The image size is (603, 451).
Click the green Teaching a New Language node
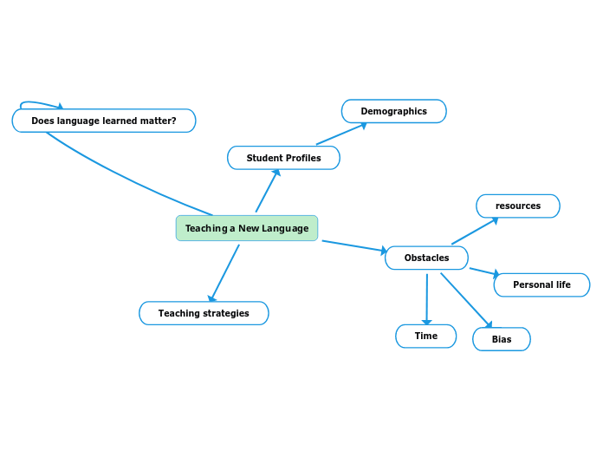point(247,228)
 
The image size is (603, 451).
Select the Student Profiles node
point(283,158)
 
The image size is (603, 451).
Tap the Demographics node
point(393,111)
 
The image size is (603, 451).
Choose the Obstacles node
point(426,258)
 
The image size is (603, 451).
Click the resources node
point(517,206)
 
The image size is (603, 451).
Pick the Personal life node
point(541,284)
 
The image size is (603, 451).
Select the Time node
point(425,336)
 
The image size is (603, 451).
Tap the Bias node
point(501,339)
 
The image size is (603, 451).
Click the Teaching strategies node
point(204,313)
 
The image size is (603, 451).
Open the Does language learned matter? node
point(104,121)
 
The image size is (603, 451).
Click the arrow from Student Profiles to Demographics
point(341,134)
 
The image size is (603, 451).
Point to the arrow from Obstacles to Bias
point(465,300)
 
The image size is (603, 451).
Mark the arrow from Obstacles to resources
point(475,231)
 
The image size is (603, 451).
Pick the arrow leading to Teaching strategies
point(224,272)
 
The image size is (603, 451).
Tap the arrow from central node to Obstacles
point(354,246)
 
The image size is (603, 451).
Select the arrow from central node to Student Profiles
point(268,190)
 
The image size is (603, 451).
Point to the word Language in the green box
point(285,228)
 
